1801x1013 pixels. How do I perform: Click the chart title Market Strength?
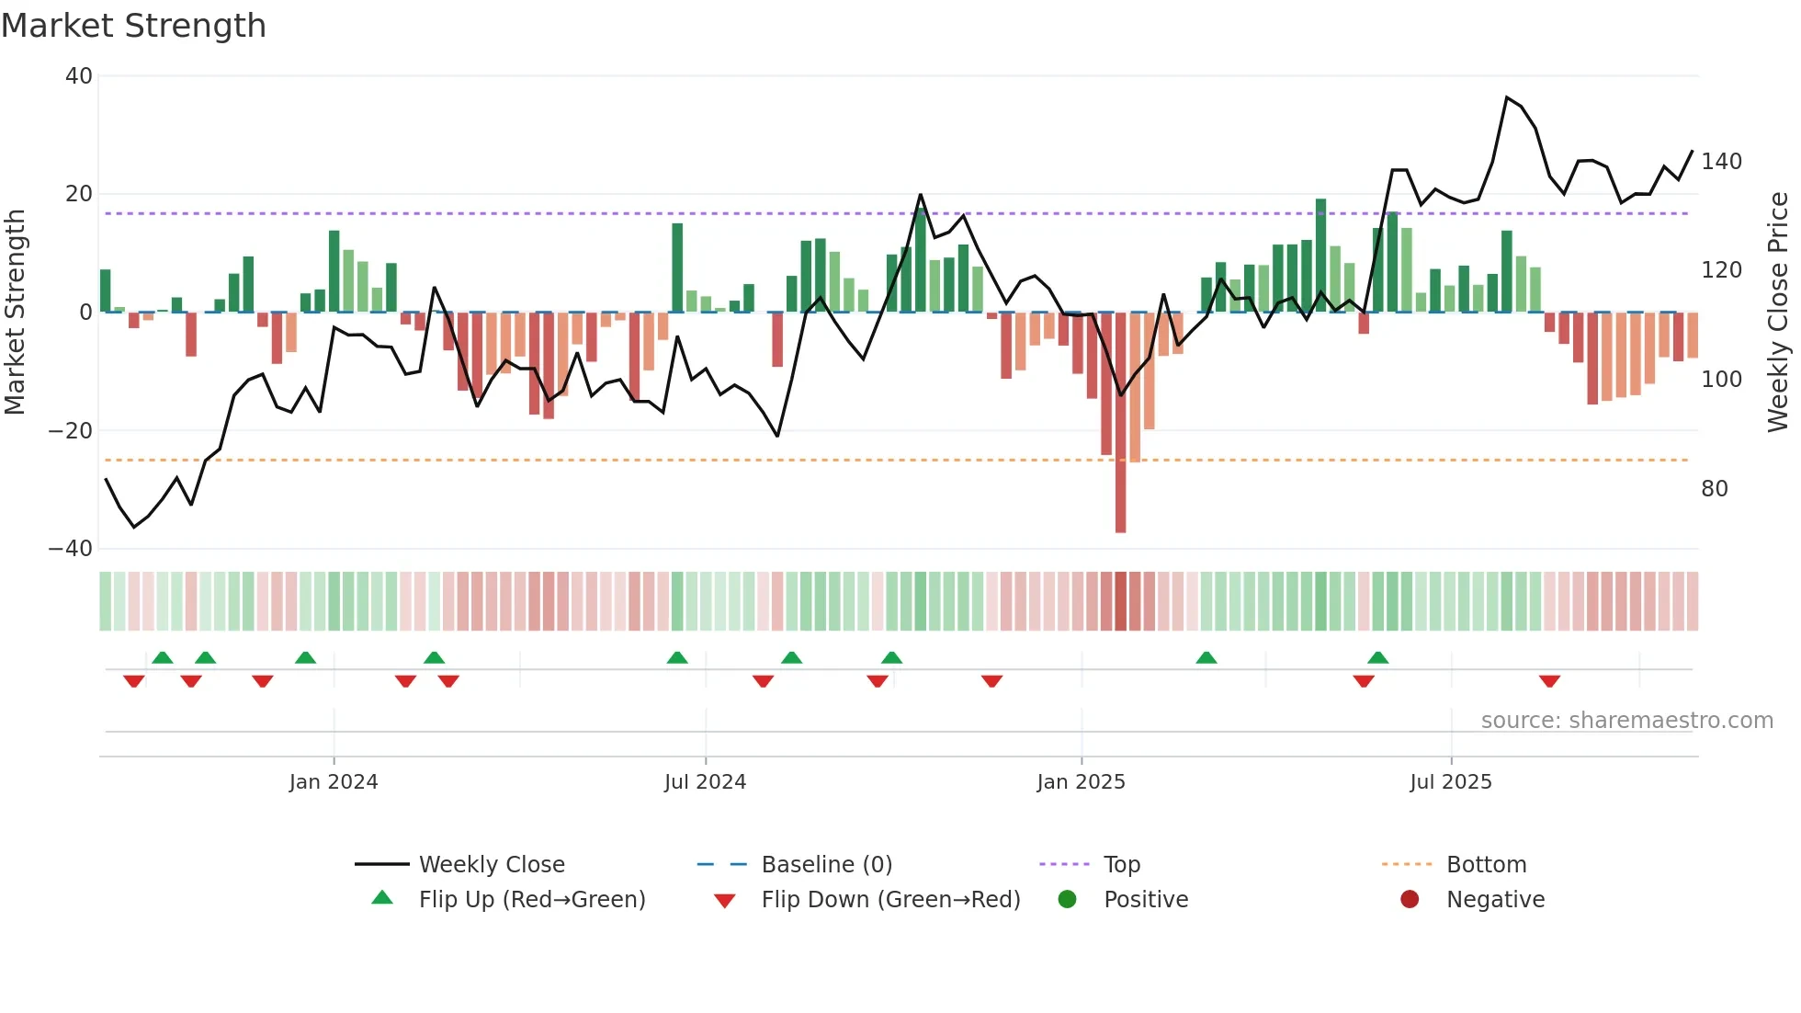[x=133, y=26]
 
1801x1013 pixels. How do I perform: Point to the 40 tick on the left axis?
[x=79, y=76]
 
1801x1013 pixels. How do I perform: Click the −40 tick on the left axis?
[x=71, y=549]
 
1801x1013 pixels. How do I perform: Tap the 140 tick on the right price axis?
[x=1721, y=162]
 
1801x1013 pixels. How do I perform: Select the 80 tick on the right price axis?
[x=1714, y=489]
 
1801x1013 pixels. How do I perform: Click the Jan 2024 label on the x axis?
[x=333, y=782]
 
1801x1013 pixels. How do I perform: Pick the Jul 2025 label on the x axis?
[x=1450, y=782]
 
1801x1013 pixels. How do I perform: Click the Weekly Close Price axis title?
[x=1778, y=313]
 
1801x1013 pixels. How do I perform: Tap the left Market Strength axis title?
[x=15, y=313]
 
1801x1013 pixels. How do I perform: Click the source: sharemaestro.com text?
[x=1626, y=721]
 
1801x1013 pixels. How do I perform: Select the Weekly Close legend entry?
[x=491, y=865]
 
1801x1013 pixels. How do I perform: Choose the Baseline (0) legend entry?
[x=826, y=865]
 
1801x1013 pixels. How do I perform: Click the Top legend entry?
[x=1121, y=865]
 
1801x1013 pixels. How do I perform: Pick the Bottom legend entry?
[x=1486, y=865]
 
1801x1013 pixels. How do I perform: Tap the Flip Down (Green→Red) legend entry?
[x=889, y=900]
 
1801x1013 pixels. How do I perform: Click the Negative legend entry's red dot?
[x=1410, y=899]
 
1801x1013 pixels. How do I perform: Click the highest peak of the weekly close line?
[x=1507, y=97]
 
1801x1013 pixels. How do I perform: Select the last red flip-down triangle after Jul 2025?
[x=1549, y=681]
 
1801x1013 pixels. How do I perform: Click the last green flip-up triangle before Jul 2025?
[x=1377, y=657]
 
